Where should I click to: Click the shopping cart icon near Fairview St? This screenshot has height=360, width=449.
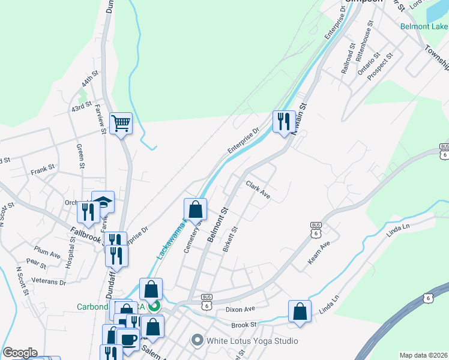121,124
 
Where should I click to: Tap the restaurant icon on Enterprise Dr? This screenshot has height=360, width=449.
282,122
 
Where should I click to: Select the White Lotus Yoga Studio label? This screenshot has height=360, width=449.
252,341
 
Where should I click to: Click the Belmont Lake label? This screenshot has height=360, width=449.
424,26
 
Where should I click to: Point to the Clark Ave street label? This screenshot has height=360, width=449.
258,191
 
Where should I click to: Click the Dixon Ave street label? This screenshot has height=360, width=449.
241,309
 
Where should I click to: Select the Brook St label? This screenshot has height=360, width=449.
244,325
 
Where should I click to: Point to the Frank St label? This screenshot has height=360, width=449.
43,172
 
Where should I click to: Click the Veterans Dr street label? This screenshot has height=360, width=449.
50,281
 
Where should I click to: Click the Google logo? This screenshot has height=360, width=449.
20,353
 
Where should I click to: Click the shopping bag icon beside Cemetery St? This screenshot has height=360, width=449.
195,210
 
